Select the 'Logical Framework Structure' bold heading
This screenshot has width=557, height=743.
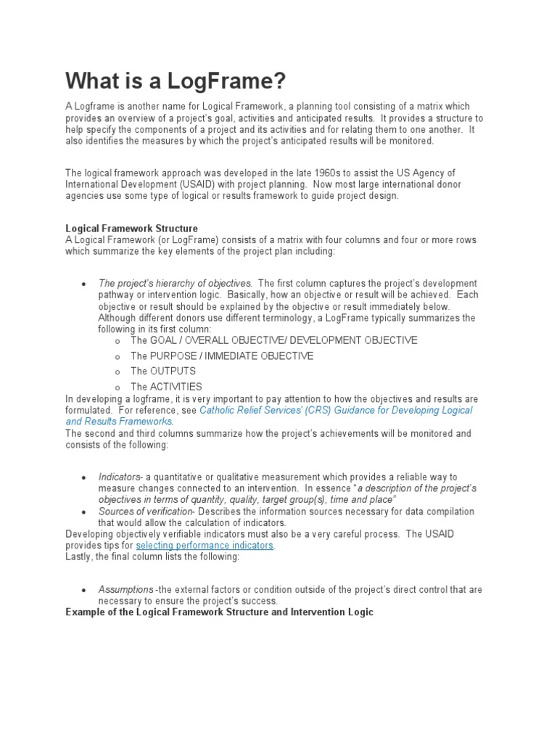coord(131,229)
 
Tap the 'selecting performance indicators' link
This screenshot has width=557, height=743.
coord(205,545)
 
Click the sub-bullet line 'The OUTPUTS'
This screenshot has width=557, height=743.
coord(163,371)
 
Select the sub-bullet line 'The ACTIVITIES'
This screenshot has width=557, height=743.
coord(166,387)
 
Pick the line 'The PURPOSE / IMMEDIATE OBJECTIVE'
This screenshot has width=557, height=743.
coord(222,356)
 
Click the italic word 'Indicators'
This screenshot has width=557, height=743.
coord(119,477)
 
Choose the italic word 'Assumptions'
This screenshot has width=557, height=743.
coord(125,589)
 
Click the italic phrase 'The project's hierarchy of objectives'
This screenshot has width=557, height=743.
coord(175,283)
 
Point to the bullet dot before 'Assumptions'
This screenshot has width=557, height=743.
coord(85,590)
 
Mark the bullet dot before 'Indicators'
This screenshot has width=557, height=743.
coord(85,477)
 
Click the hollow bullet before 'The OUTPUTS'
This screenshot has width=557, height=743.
coord(117,371)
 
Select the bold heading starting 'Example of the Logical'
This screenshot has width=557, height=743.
coord(219,612)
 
